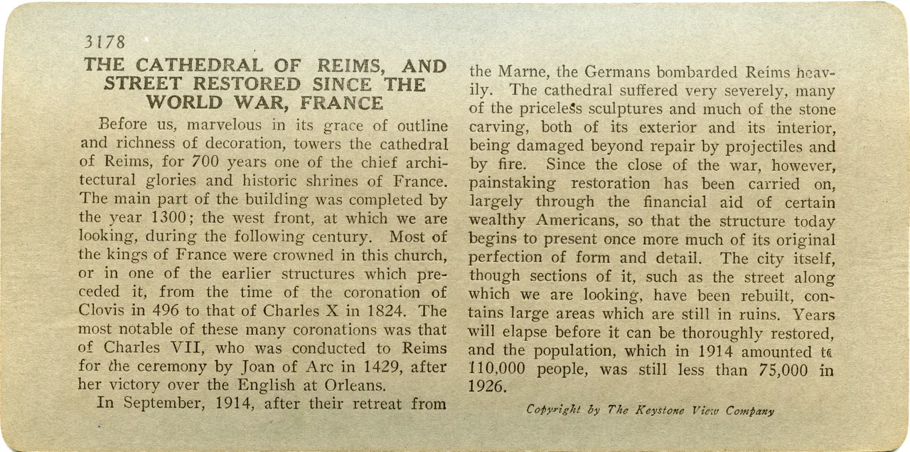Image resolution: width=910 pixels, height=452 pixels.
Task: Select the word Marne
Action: tap(534, 72)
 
